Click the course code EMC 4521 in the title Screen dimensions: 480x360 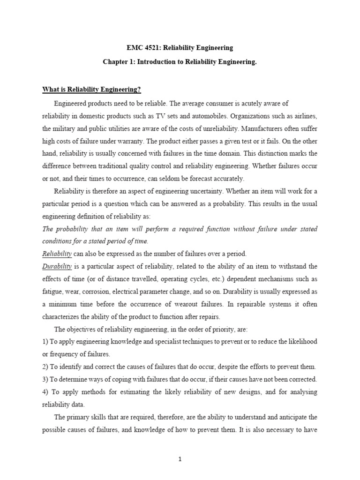coord(143,48)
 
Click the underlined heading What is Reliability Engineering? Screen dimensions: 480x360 coord(91,90)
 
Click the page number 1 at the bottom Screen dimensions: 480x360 coord(180,460)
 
